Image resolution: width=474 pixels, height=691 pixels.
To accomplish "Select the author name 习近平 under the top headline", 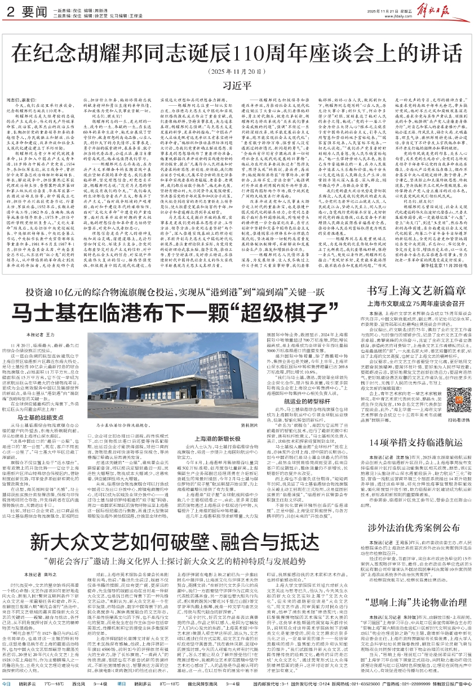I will point(236,86).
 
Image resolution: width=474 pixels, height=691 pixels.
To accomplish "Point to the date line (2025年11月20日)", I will point(237,72).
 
